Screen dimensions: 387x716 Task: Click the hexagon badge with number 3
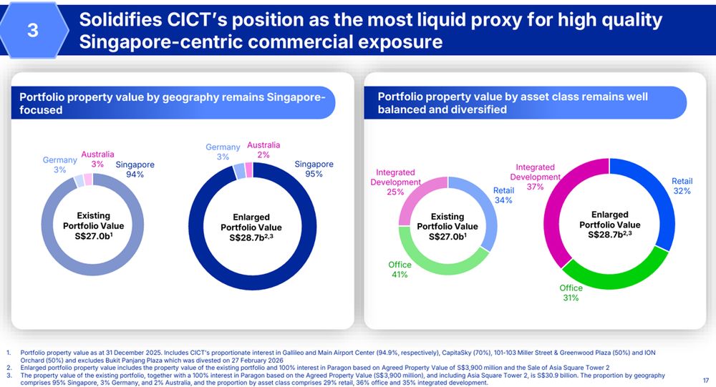(x=33, y=31)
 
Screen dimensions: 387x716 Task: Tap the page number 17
(x=706, y=381)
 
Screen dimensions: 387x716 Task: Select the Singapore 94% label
(x=135, y=170)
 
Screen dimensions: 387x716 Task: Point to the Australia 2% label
(x=263, y=150)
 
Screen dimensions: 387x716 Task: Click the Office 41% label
(x=400, y=270)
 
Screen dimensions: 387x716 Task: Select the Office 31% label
(x=571, y=293)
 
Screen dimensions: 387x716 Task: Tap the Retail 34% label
(x=503, y=195)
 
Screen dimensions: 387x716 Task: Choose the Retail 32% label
(x=682, y=186)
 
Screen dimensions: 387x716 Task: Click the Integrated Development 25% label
(x=395, y=182)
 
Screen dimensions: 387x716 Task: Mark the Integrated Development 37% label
(x=536, y=177)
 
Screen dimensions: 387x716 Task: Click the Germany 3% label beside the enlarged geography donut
(x=223, y=152)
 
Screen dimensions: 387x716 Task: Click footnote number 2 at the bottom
(x=9, y=367)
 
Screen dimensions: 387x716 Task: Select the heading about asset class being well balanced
(x=513, y=103)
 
